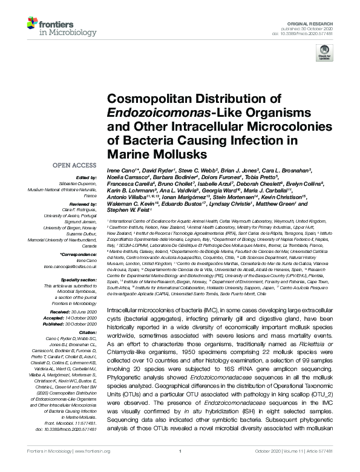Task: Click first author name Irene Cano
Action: coord(120,171)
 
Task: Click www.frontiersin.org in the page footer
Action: coord(97,468)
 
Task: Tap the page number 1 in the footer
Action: coord(180,468)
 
